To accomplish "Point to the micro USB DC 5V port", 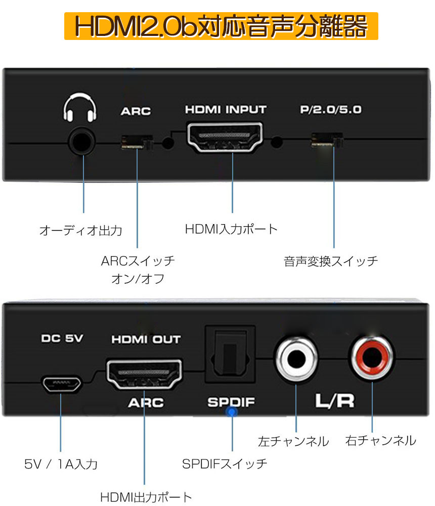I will [60, 385].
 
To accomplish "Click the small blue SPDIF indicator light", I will [232, 412].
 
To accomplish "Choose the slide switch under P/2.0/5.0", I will [328, 140].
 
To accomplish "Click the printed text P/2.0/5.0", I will [330, 110].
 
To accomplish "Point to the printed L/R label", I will [335, 401].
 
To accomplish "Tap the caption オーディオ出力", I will [81, 231].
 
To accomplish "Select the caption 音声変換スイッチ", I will [331, 262].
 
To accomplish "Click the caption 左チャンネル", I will [293, 441].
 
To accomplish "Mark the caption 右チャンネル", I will [380, 441].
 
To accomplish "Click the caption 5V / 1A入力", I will [61, 464].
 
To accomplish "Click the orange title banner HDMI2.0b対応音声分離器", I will [221, 27].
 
